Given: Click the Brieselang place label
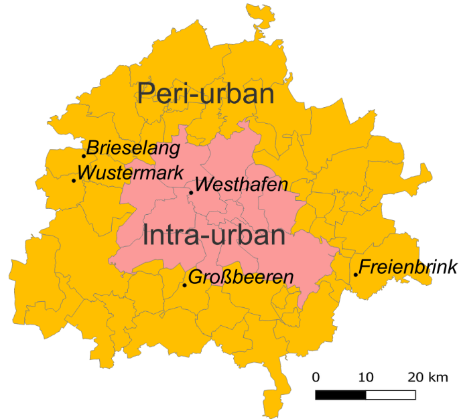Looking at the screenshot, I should [x=133, y=148].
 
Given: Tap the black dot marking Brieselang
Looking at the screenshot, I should [x=84, y=156].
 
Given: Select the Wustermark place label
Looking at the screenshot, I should [x=131, y=173].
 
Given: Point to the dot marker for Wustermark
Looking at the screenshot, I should [x=74, y=180].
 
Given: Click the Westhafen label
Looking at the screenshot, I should [x=242, y=184].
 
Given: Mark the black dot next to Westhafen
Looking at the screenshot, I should [x=191, y=193].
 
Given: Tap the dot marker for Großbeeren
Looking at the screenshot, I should [x=185, y=286].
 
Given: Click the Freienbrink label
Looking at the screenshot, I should [x=408, y=268].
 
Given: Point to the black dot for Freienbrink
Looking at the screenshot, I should [x=355, y=274].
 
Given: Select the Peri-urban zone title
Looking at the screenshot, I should [x=206, y=93].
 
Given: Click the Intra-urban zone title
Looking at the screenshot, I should [x=214, y=235].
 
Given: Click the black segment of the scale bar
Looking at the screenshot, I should [x=340, y=394].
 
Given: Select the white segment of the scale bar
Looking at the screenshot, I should [x=391, y=394].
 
